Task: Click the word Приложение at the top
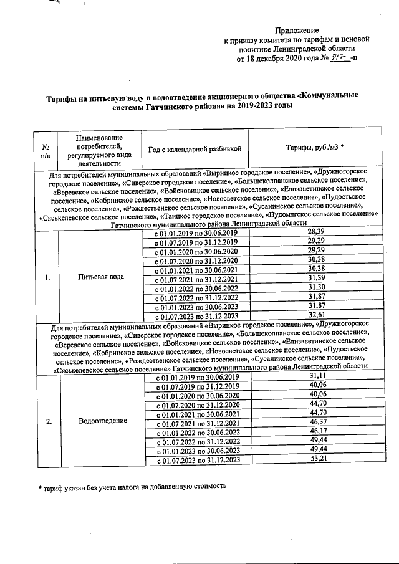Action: coord(297,30)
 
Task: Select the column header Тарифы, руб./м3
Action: coord(315,148)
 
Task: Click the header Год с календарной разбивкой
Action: coord(194,148)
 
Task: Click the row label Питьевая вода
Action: coord(100,277)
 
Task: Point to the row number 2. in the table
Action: coord(48,421)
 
